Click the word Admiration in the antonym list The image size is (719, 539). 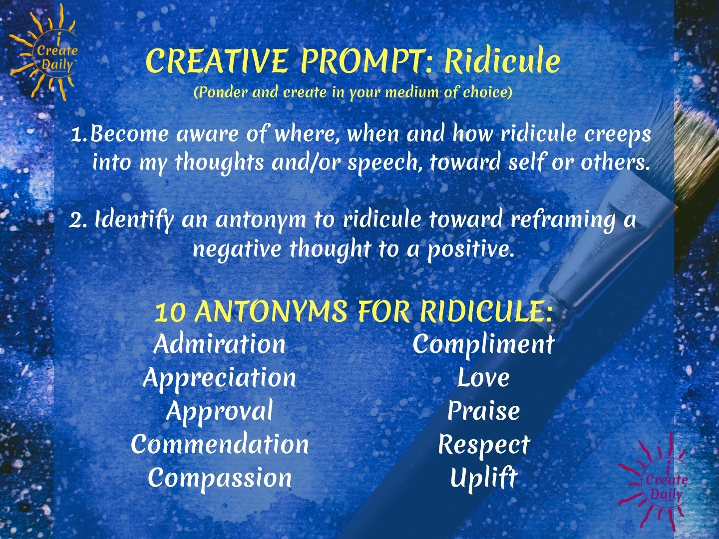point(220,344)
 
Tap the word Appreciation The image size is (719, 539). point(220,378)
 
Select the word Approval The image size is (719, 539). point(220,411)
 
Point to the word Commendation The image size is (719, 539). point(220,444)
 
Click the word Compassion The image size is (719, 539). point(220,478)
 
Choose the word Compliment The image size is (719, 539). point(483,344)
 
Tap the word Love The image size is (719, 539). point(483,378)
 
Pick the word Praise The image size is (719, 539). point(483,411)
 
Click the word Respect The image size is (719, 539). point(483,444)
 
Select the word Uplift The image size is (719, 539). point(483,478)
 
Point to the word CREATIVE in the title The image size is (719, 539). point(217,62)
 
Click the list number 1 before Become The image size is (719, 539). point(78,134)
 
